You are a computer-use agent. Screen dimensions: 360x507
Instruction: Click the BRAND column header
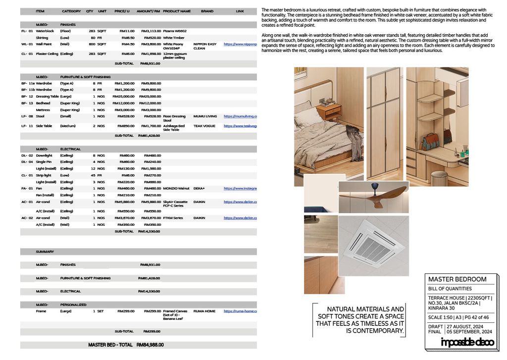point(207,11)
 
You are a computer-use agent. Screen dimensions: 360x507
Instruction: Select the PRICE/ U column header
point(122,11)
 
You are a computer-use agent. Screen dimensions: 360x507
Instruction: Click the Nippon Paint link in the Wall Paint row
point(240,44)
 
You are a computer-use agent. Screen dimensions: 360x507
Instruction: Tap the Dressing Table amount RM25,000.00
point(150,97)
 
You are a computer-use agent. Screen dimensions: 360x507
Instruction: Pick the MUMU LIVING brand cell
point(205,116)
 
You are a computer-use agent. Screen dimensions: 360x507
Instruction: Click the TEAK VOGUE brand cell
point(204,126)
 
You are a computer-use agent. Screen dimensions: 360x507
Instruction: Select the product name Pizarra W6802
point(175,31)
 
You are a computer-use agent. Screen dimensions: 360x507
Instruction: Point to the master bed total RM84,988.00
point(150,345)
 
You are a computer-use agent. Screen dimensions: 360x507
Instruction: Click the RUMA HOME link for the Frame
point(240,311)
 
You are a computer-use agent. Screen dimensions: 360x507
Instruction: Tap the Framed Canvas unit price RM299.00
point(126,311)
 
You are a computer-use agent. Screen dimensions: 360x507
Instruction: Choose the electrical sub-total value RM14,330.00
point(149,231)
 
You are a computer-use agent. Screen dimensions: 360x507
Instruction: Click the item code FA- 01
point(27,188)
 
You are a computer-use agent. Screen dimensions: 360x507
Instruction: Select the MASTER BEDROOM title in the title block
point(457,279)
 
